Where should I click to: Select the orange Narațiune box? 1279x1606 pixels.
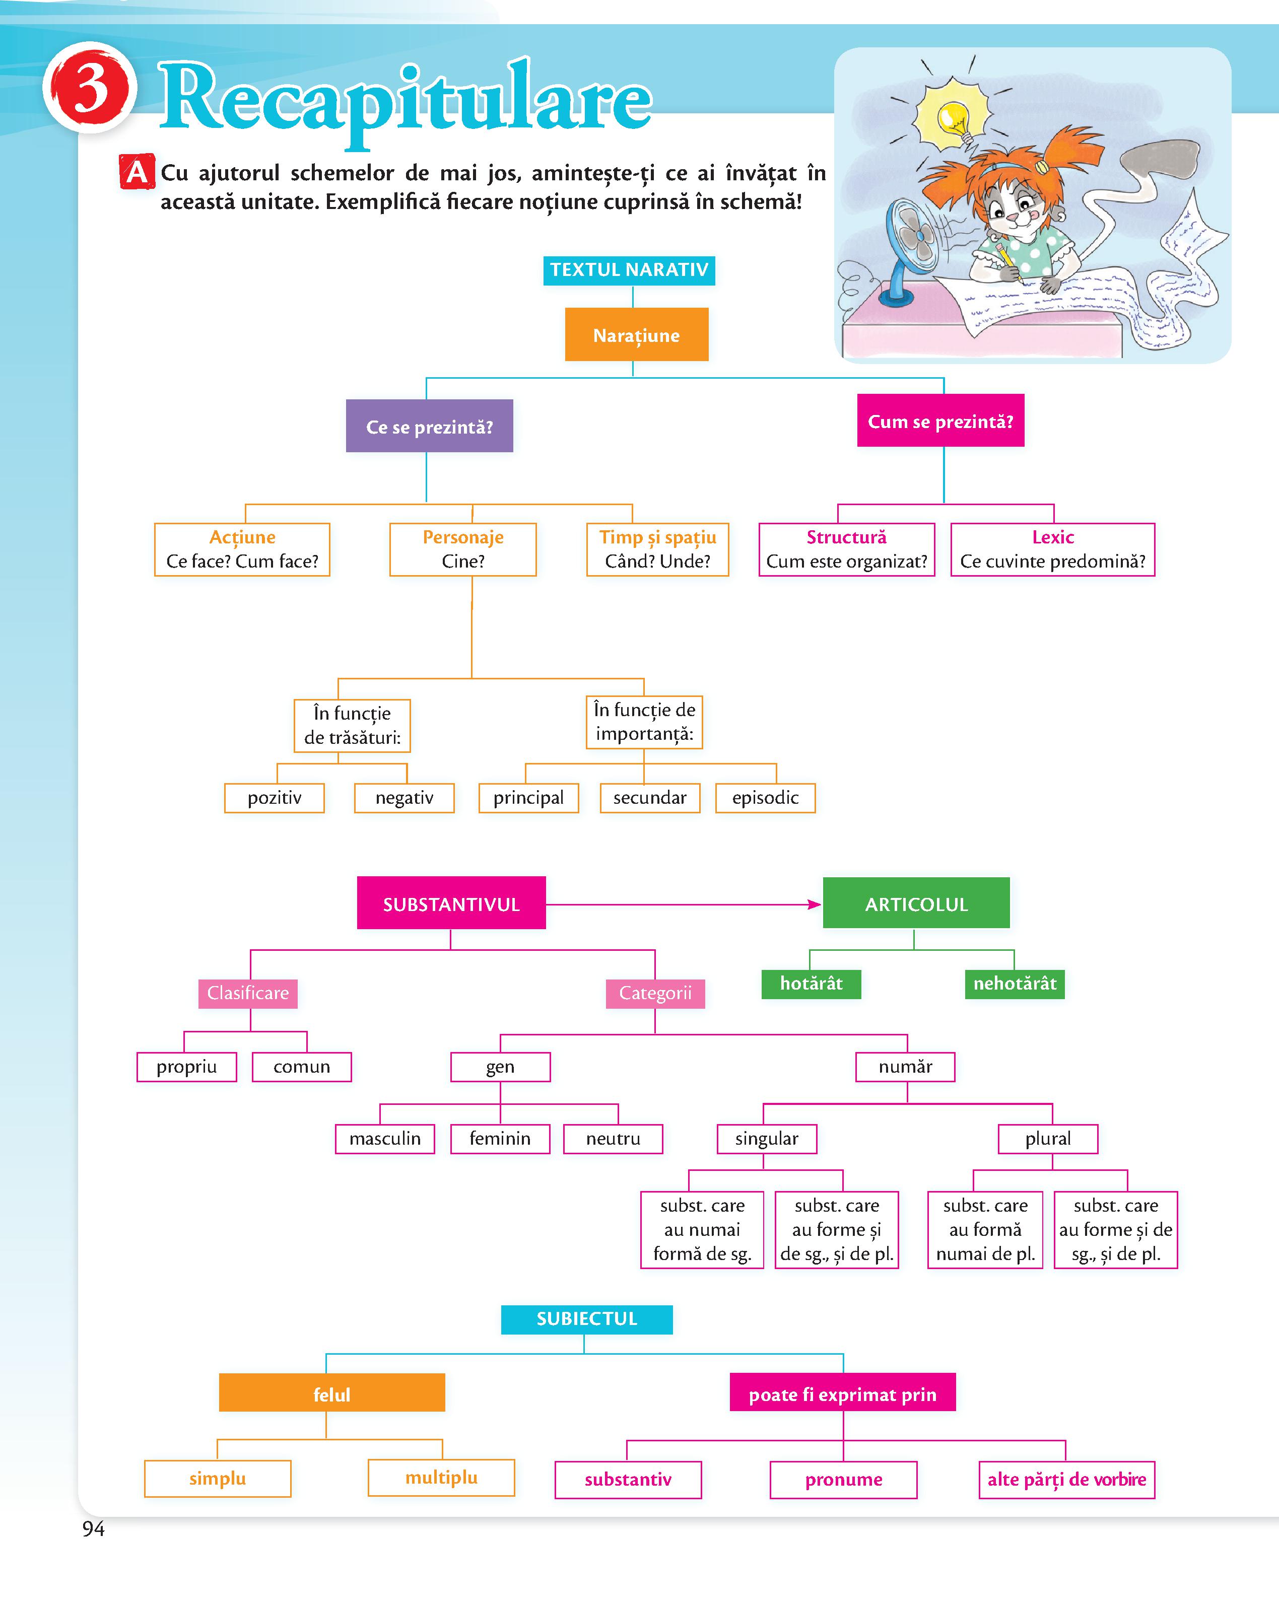[637, 334]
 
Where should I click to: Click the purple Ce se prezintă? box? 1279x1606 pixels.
[429, 426]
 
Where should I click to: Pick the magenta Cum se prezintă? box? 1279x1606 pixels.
[941, 421]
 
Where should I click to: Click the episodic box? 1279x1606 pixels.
[765, 798]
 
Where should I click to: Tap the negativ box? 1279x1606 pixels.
[403, 798]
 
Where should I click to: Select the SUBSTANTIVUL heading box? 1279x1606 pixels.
[451, 903]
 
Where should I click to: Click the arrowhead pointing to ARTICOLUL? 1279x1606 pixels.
[815, 904]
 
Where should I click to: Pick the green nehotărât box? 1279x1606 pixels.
[1015, 983]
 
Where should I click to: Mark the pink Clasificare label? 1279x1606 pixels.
[248, 994]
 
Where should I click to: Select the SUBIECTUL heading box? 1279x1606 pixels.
[587, 1319]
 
